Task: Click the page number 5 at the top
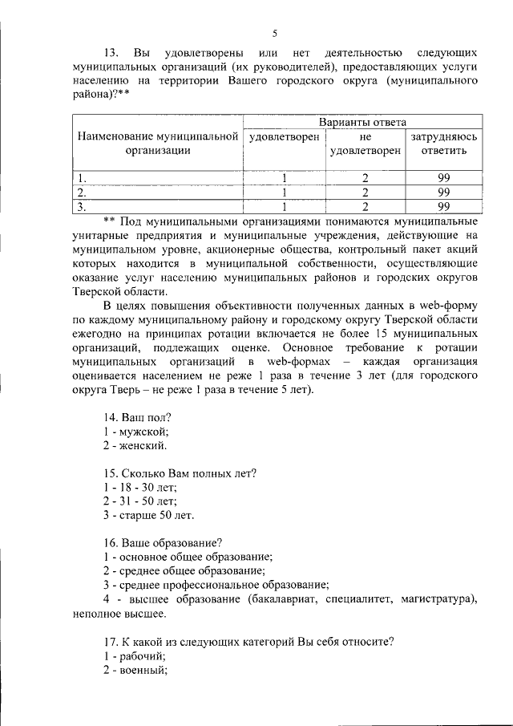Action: click(274, 33)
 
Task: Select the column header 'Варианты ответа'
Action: click(362, 122)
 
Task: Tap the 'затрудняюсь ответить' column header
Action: click(443, 144)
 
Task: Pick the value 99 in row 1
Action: click(443, 179)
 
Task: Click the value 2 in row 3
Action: click(365, 206)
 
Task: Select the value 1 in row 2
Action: click(284, 193)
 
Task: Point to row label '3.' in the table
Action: click(81, 206)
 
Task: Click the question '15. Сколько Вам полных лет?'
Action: click(180, 473)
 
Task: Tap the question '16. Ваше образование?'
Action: click(163, 542)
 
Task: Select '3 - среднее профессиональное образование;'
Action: click(216, 584)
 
